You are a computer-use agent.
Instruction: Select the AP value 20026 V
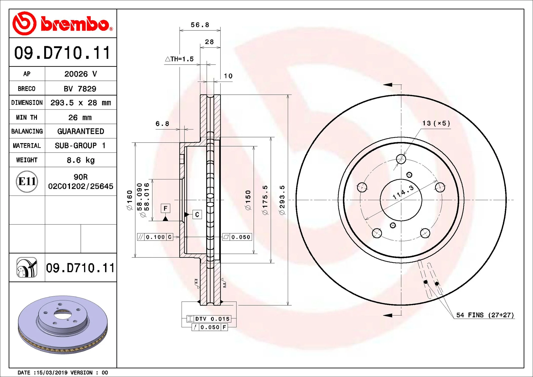81,74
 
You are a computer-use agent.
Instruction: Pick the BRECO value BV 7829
80,89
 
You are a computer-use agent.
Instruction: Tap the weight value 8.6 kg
81,160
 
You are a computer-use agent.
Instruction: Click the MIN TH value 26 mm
80,117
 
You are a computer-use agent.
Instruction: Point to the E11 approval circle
27,181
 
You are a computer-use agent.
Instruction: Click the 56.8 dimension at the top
200,25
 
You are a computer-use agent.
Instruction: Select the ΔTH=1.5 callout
179,59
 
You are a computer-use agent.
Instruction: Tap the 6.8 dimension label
162,124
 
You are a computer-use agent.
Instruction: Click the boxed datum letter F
165,208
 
